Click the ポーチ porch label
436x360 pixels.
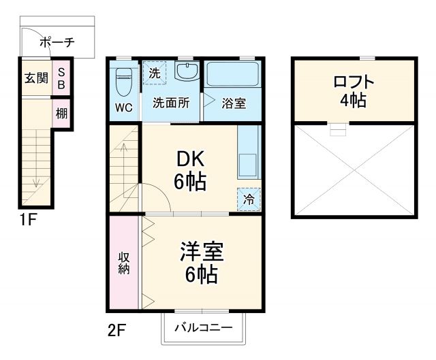[57, 42]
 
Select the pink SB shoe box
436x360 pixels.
[61, 78]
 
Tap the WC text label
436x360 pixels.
[123, 108]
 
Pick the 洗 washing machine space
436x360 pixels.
[154, 73]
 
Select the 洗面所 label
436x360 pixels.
[170, 103]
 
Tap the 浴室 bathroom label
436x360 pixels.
[234, 104]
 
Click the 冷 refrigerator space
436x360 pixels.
[249, 199]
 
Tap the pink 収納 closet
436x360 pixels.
[125, 263]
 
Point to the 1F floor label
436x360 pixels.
[28, 220]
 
